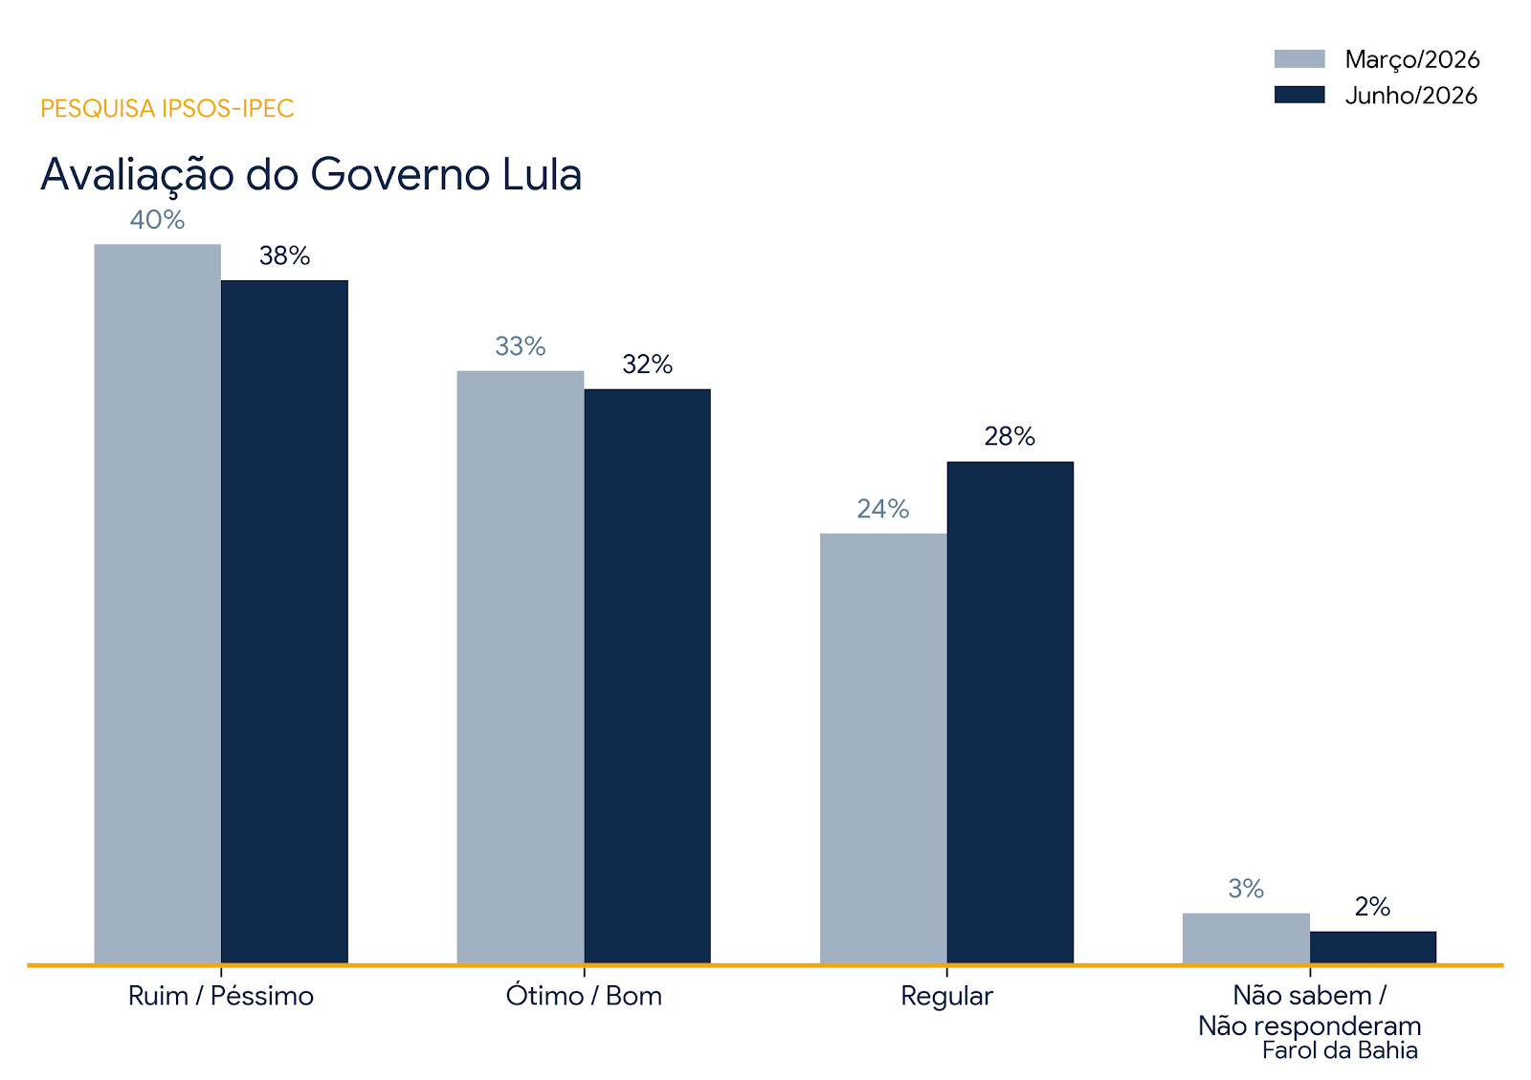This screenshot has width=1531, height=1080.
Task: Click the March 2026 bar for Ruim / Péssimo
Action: coord(157,604)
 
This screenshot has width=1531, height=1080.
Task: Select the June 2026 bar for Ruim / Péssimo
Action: coord(284,622)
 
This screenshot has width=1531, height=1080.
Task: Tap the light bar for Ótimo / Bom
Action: coord(521,668)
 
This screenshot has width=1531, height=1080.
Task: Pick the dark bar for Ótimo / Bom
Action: coord(647,676)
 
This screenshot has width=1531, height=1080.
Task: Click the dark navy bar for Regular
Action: coord(1010,713)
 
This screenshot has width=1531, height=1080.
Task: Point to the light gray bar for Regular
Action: coord(883,749)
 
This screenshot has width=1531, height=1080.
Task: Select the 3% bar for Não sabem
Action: coord(1246,938)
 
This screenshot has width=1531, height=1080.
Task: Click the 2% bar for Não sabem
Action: coord(1373,947)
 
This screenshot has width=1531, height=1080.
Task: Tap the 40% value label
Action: coord(157,220)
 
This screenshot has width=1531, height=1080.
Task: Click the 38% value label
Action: coord(284,256)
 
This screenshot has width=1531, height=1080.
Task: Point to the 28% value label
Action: coord(1010,436)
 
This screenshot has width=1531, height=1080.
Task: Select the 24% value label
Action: coord(883,509)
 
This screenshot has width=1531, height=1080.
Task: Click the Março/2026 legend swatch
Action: coord(1299,58)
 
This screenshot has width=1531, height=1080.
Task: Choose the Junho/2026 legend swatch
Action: coord(1299,95)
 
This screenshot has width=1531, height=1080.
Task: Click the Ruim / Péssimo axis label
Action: coord(221,996)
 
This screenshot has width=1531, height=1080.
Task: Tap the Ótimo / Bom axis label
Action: coord(584,995)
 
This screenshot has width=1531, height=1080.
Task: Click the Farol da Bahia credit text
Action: coord(1340,1050)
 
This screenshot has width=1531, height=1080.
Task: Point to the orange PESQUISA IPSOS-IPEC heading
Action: coord(167,109)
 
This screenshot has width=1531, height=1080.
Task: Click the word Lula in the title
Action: coord(542,174)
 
